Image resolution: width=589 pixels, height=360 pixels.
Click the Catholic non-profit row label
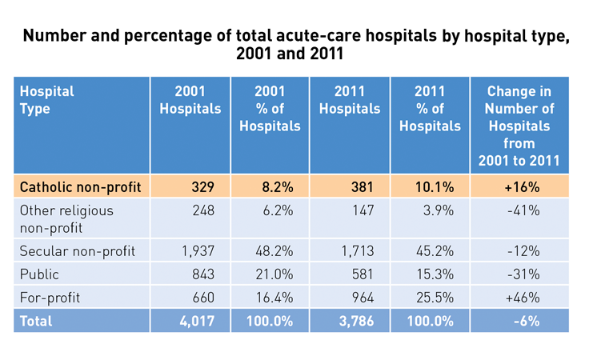(80, 187)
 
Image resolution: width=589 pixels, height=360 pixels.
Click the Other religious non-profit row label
(66, 218)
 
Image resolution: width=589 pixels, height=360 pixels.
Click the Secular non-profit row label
(78, 251)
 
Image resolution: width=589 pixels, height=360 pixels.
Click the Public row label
(40, 274)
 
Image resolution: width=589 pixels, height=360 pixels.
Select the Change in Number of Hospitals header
(519, 126)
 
